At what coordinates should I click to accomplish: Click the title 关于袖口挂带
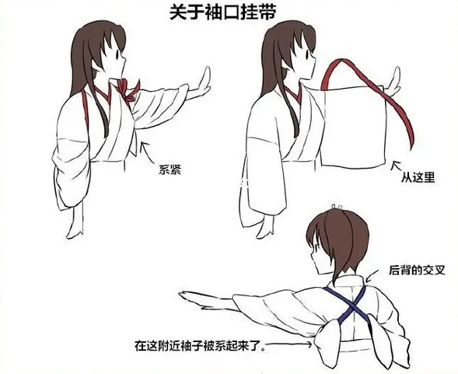tap(222, 13)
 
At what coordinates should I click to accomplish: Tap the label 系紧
tap(170, 170)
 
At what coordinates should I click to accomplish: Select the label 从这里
tap(418, 177)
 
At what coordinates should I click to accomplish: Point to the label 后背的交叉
tap(417, 271)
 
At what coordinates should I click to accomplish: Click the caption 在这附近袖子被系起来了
tap(198, 345)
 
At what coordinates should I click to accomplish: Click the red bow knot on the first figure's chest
tap(128, 90)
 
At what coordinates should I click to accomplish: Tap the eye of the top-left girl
tap(117, 54)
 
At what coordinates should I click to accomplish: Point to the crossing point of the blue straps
tap(352, 305)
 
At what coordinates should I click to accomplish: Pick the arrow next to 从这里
tap(397, 166)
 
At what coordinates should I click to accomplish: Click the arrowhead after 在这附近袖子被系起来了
tap(310, 345)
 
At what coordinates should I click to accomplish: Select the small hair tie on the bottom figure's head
tap(337, 207)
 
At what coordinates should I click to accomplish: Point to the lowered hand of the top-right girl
tap(265, 227)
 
